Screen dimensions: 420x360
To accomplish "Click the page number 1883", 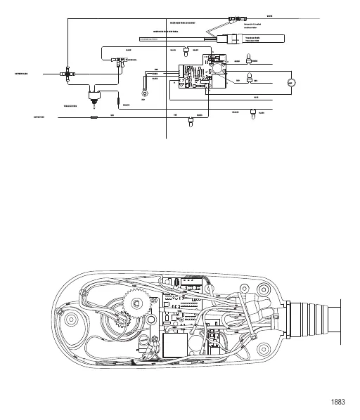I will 337,404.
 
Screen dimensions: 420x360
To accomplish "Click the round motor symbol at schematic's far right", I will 292,83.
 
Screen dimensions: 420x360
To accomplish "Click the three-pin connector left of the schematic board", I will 120,61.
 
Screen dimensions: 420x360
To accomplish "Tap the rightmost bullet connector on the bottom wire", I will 252,113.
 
